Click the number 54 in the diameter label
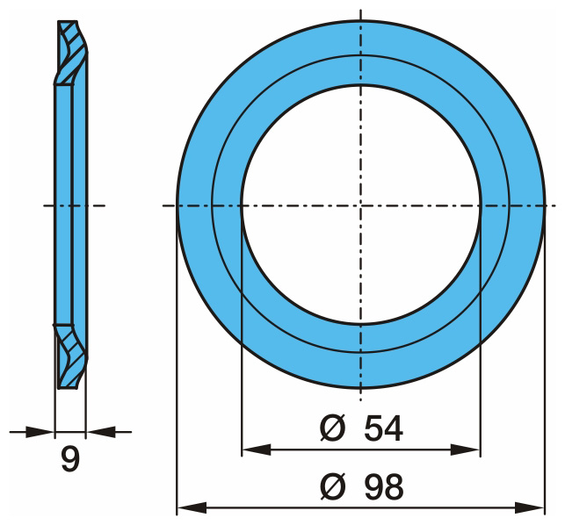click(383, 428)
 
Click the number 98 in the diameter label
click(383, 487)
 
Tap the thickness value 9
click(70, 459)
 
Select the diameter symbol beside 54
click(333, 428)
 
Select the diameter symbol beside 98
click(333, 487)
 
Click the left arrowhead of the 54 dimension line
click(257, 449)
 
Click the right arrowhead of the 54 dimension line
click(465, 449)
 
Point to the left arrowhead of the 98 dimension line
click(192, 508)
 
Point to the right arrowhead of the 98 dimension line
click(530, 508)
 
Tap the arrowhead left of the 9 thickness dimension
click(40, 432)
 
